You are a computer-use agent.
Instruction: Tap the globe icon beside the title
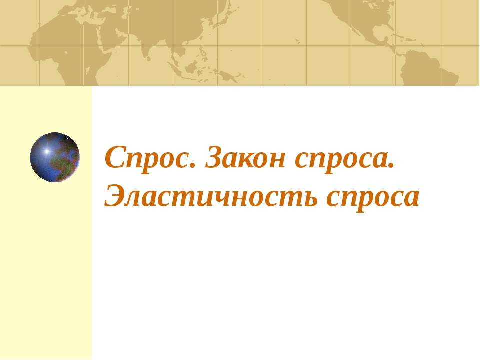click(55, 157)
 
